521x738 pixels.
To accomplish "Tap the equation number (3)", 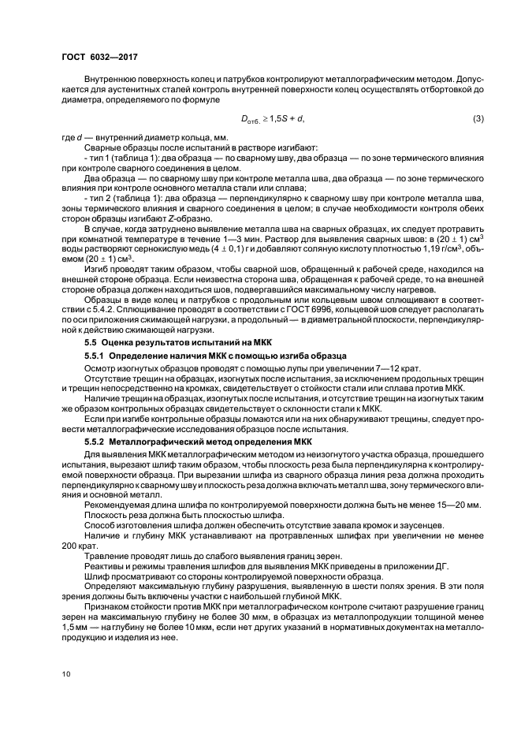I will [478, 118].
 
